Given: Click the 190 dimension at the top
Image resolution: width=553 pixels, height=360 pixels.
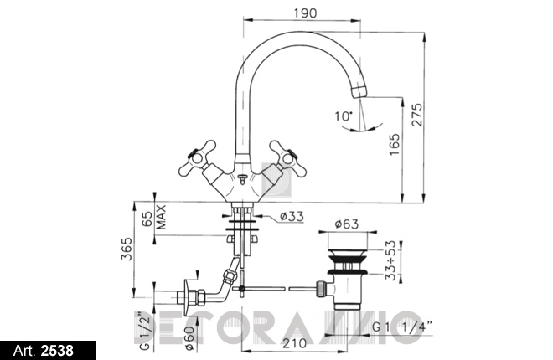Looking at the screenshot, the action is tap(306, 13).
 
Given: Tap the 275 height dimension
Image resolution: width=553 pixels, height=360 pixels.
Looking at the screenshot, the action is tap(417, 115).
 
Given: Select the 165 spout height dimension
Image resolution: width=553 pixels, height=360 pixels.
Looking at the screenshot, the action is tap(395, 145).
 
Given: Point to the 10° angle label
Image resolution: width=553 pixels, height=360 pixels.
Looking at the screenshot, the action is tap(344, 116).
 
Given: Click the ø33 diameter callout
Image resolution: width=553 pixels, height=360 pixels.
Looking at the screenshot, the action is tap(292, 216).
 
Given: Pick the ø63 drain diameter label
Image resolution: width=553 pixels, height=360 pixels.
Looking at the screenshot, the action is tap(346, 224).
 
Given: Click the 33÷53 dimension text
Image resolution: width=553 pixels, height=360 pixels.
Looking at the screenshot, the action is tap(390, 260).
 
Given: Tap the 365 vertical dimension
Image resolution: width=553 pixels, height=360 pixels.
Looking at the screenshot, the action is tap(127, 249).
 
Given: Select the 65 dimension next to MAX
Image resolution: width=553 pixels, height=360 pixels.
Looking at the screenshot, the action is tap(147, 219).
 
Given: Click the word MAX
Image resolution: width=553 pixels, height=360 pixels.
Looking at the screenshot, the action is tap(161, 217).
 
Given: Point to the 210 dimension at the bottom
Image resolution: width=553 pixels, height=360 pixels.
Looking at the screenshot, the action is tap(295, 342).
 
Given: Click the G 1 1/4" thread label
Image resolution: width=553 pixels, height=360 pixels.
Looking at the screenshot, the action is tap(402, 327).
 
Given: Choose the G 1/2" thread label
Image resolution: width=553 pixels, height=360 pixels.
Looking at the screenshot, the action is tap(145, 331).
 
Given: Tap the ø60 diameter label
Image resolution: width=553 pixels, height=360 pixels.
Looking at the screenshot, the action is tap(189, 338).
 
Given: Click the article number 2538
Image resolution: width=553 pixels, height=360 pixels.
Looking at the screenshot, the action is tap(58, 351).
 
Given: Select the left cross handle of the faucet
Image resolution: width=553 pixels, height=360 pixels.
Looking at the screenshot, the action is tap(199, 159).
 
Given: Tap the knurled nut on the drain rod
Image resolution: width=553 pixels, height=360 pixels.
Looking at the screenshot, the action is tap(321, 288).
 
